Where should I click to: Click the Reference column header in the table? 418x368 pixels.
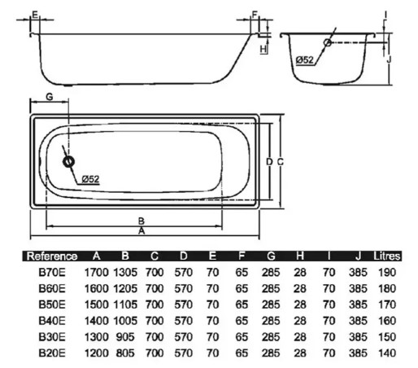point(52,256)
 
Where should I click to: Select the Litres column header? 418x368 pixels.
point(386,256)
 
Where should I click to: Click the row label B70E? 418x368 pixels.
point(51,272)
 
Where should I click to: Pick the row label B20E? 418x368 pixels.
point(51,353)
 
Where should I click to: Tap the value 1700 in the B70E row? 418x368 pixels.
point(97,272)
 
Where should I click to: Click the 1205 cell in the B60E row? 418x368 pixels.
point(124,288)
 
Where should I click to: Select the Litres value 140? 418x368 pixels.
point(387,353)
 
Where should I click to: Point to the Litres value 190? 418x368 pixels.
point(387,272)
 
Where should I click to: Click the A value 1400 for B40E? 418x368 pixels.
point(97,321)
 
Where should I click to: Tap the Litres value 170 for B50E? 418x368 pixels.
point(387,304)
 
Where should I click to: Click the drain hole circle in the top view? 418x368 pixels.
point(67,162)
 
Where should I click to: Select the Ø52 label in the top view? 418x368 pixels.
point(89,179)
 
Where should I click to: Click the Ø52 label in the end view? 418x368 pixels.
point(305,59)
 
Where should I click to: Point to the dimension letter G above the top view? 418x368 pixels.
point(49,96)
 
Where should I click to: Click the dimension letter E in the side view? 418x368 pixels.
point(34,15)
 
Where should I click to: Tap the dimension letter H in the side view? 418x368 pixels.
point(263,49)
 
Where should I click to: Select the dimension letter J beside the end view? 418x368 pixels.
point(390,59)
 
